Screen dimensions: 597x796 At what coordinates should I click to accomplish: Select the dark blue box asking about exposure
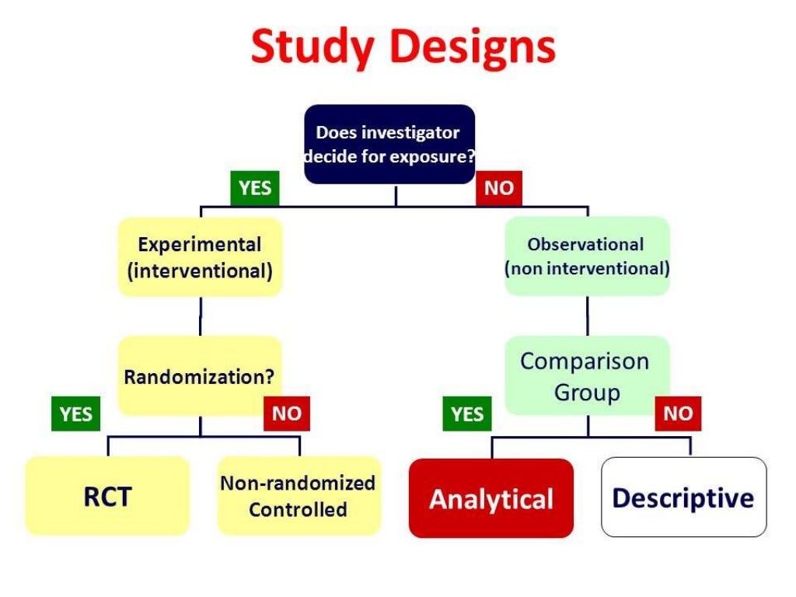click(x=389, y=144)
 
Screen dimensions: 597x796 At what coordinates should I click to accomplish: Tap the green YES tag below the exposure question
click(x=255, y=188)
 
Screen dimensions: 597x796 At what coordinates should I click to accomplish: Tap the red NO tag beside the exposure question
click(x=498, y=188)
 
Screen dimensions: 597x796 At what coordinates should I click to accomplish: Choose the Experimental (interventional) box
click(x=200, y=257)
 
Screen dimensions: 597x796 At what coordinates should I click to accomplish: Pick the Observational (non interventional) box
click(x=586, y=256)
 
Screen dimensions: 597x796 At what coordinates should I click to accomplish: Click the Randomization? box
click(x=200, y=376)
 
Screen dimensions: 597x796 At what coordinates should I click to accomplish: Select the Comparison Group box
click(x=586, y=376)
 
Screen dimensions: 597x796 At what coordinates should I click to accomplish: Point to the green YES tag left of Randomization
click(x=75, y=414)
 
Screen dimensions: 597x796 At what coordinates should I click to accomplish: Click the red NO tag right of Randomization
click(x=286, y=414)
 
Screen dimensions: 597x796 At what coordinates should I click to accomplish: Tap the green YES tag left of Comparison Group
click(x=467, y=414)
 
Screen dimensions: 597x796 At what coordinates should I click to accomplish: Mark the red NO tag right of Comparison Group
click(x=678, y=414)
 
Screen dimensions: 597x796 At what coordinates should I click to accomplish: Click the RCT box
click(x=107, y=496)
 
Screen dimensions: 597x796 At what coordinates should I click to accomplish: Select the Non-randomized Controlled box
click(x=298, y=496)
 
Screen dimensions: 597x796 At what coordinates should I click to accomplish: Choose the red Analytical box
click(x=491, y=497)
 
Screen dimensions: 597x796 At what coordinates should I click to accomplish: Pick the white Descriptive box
click(x=683, y=497)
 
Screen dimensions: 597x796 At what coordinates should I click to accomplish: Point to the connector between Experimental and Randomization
click(x=200, y=316)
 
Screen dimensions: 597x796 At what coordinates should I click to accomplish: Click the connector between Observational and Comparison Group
click(x=587, y=316)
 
